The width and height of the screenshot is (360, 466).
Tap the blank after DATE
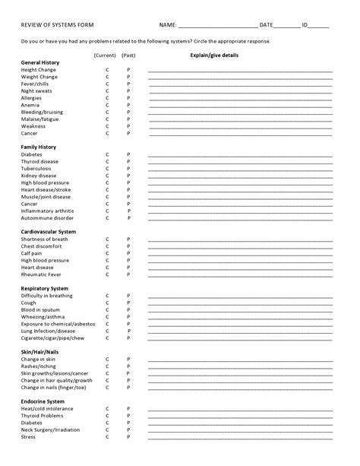click(x=288, y=27)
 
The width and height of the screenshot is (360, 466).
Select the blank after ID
click(x=320, y=27)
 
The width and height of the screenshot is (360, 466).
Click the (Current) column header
click(x=105, y=55)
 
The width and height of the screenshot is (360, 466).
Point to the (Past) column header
click(x=128, y=55)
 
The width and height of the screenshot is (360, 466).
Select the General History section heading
click(x=40, y=62)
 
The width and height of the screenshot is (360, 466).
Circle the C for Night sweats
click(x=107, y=90)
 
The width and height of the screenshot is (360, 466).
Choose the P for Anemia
click(x=128, y=105)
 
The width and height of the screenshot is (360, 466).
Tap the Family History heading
click(x=39, y=147)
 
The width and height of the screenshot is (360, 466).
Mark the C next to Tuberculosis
click(x=107, y=168)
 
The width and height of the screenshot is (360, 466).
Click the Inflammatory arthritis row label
click(x=47, y=211)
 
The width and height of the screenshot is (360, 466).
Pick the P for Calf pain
click(x=128, y=253)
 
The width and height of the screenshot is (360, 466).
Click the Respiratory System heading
click(x=45, y=288)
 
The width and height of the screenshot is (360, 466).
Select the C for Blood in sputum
click(x=107, y=309)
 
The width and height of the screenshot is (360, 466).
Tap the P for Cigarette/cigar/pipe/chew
click(x=128, y=338)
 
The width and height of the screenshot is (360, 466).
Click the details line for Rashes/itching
click(x=240, y=366)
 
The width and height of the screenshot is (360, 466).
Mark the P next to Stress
click(x=128, y=437)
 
